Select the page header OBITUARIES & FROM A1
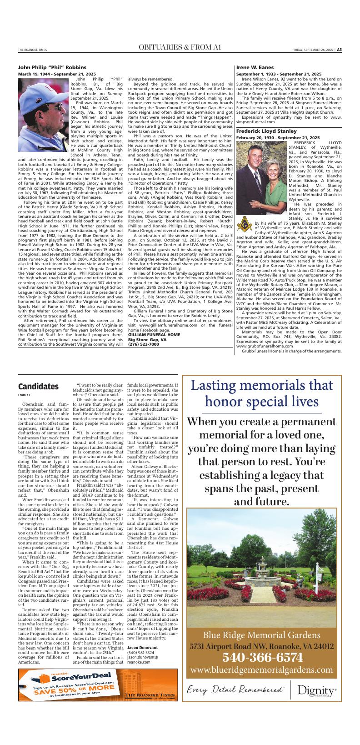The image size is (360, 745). [180, 47]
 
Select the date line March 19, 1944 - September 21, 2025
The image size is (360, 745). [57, 74]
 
